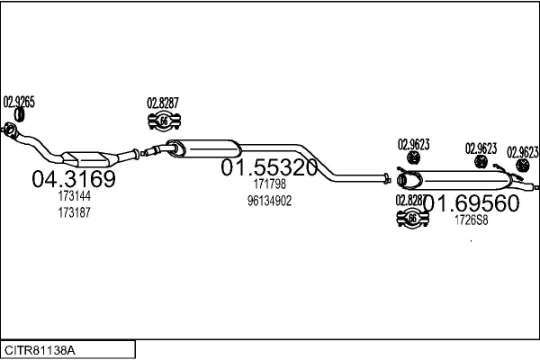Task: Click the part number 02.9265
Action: coord(20,101)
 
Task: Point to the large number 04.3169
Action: coord(74,180)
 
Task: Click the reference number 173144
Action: coord(75,196)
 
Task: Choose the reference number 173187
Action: coord(75,212)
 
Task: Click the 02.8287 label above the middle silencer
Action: coord(163,102)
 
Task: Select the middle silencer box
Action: coord(207,149)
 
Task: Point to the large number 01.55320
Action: coord(269,168)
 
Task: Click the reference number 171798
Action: coord(268,184)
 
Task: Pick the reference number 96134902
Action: coord(268,200)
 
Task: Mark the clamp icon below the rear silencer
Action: coord(413,218)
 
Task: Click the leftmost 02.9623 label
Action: coord(414,143)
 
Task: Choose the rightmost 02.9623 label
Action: coord(523,151)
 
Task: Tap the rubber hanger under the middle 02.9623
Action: coord(481,162)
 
